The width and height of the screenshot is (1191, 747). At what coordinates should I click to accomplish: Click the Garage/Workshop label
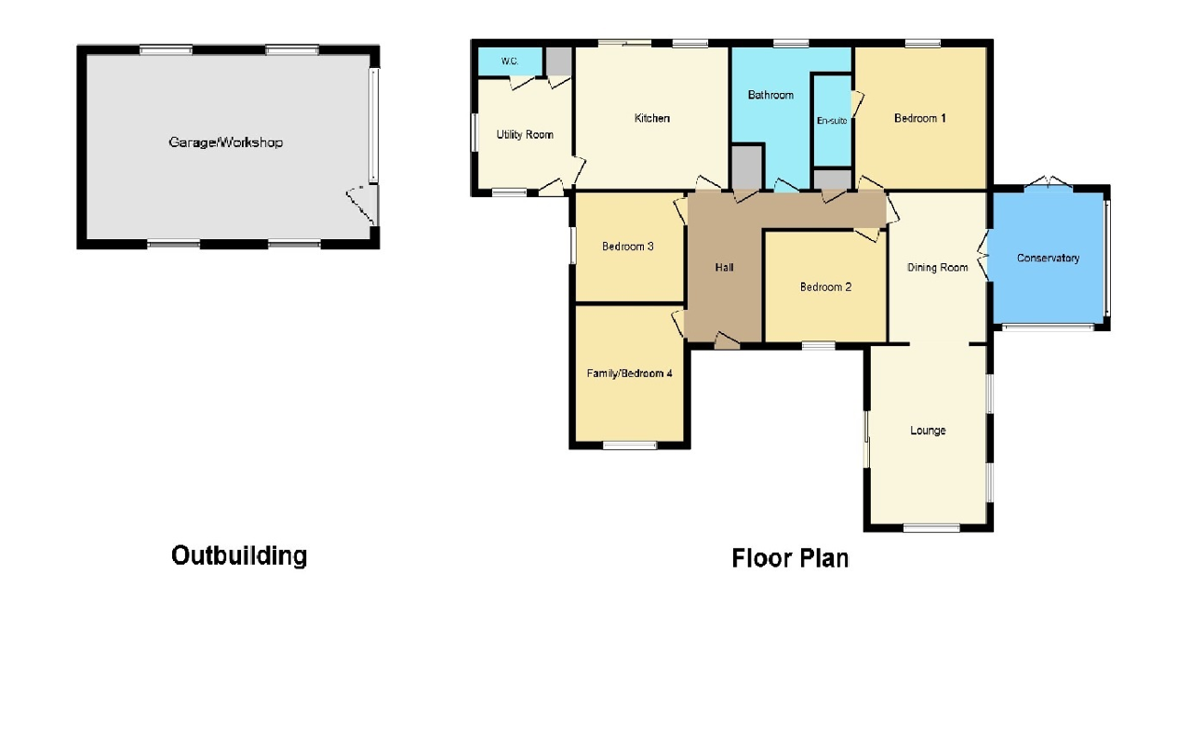click(x=225, y=142)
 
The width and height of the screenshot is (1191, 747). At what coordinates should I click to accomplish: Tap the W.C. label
click(x=509, y=61)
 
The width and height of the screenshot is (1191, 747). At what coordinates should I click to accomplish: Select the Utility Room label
click(x=525, y=135)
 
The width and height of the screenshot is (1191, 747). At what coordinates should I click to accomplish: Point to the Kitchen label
click(x=652, y=118)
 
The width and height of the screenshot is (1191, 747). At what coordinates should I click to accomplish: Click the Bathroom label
click(x=770, y=95)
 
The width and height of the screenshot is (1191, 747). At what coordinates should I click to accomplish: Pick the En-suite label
click(x=832, y=120)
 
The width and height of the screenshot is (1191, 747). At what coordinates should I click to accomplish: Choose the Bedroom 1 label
click(x=920, y=118)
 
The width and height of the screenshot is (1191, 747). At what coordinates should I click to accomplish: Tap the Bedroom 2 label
click(x=825, y=287)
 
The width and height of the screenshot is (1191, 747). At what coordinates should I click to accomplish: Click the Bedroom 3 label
click(x=628, y=247)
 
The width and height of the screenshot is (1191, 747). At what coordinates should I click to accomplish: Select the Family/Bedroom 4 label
click(x=629, y=373)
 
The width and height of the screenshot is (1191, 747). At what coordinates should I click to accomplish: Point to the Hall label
click(x=724, y=268)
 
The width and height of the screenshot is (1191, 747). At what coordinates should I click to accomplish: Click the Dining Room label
click(x=938, y=268)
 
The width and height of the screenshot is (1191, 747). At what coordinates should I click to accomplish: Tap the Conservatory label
click(x=1048, y=258)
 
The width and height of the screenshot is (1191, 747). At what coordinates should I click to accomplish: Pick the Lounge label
click(x=928, y=431)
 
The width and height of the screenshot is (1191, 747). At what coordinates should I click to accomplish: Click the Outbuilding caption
click(x=239, y=555)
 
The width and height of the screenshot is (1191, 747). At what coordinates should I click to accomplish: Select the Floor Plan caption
click(x=790, y=558)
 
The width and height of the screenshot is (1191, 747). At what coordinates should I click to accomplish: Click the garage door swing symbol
click(x=362, y=204)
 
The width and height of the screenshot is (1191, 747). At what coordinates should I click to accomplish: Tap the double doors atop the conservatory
click(x=1049, y=182)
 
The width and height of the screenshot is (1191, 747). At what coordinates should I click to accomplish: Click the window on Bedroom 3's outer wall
click(x=572, y=247)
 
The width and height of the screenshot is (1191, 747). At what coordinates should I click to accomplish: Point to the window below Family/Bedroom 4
click(x=629, y=446)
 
